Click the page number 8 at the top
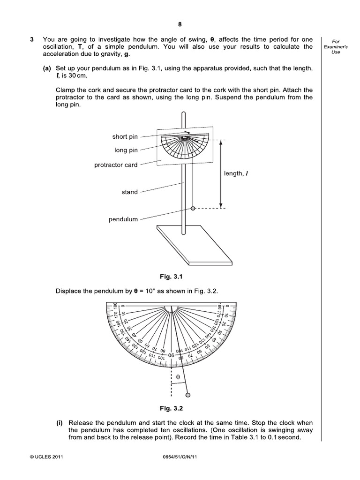click(x=180, y=25)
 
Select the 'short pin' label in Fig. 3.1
click(x=125, y=137)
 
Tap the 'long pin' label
click(x=126, y=150)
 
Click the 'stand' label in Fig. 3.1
click(x=130, y=192)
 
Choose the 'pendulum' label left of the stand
click(x=123, y=219)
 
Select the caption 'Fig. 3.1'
click(x=179, y=277)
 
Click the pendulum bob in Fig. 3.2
click(x=188, y=395)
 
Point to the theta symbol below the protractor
click(x=178, y=376)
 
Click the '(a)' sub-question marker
click(x=47, y=68)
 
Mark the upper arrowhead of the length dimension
click(x=221, y=143)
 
